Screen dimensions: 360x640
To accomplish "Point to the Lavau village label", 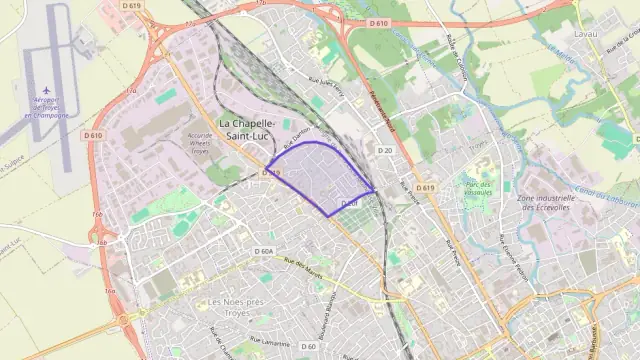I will pyautogui.click(x=586, y=34).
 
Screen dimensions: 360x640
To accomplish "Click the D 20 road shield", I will pyautogui.click(x=385, y=150).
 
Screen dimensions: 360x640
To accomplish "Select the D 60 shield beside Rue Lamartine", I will pyautogui.click(x=308, y=346).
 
